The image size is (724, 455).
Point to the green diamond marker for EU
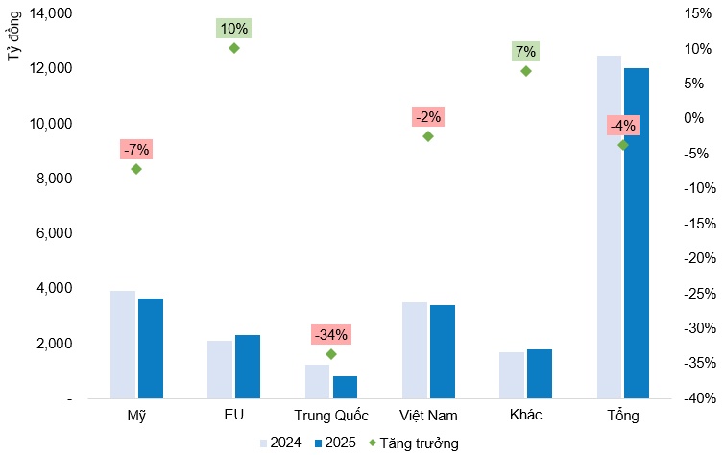(233, 47)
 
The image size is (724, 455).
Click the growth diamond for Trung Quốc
(331, 354)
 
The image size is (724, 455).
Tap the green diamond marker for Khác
(525, 70)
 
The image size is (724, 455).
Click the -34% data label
(331, 335)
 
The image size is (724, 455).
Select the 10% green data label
(233, 29)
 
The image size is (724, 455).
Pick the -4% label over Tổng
(622, 126)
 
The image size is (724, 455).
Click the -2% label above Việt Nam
(428, 117)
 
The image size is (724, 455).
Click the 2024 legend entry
(280, 443)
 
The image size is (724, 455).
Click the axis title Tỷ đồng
(14, 40)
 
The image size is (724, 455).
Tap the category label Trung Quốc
(331, 416)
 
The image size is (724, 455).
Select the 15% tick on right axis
(698, 13)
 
